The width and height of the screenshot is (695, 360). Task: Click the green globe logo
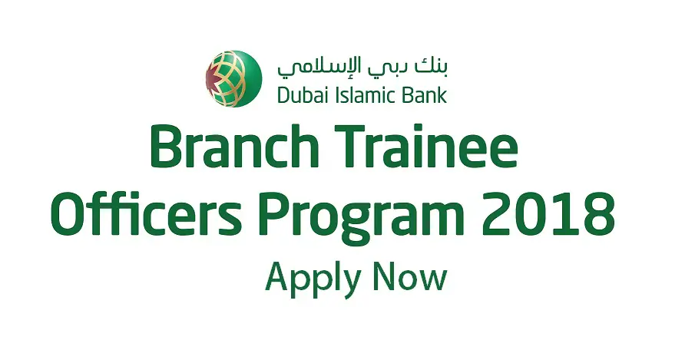pos(233,79)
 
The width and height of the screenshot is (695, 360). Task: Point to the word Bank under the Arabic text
pos(419,94)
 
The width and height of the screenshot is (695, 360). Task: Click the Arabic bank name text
pos(362,67)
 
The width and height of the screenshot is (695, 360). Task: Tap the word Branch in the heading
pos(234,146)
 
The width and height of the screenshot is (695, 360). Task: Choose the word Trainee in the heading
pos(426,146)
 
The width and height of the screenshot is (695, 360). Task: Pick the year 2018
pos(548,213)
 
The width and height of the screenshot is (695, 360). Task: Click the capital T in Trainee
pos(352,147)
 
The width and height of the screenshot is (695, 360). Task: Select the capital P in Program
pos(274,214)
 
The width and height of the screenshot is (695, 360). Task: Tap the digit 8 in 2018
pos(599,213)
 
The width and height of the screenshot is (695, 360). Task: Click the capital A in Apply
pos(279,276)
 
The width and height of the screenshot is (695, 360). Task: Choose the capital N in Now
pos(385,276)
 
